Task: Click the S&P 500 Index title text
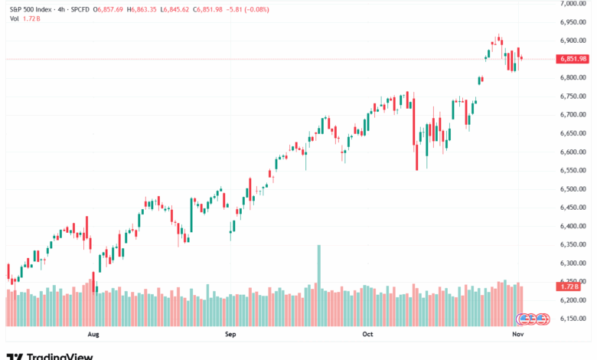30,8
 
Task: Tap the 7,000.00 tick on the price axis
573,4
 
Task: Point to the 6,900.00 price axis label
573,41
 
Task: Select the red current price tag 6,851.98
573,59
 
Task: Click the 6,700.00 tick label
573,115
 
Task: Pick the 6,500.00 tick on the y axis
573,189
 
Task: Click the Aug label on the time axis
94,334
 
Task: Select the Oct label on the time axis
367,334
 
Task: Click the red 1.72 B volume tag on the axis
573,286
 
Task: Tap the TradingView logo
50,355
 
